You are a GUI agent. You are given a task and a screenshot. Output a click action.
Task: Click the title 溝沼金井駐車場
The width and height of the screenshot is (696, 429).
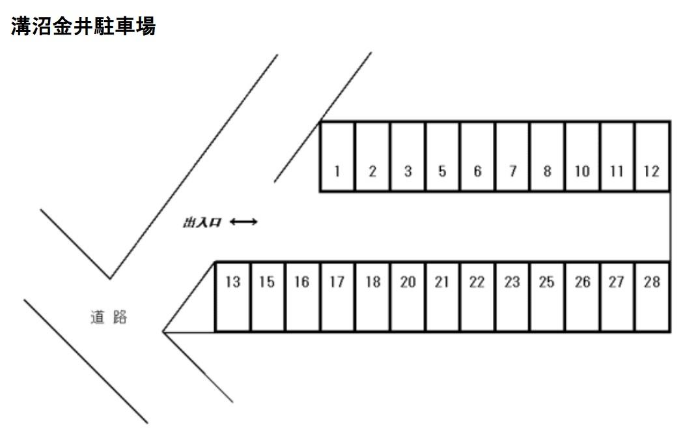[83, 26]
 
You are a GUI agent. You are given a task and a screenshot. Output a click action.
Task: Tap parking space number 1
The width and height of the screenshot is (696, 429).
[337, 156]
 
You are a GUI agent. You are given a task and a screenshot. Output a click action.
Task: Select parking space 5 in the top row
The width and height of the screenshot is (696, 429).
[442, 156]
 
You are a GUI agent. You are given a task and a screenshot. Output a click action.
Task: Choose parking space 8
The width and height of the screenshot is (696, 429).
[548, 156]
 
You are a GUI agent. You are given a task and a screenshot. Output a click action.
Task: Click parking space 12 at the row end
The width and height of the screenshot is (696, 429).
[652, 156]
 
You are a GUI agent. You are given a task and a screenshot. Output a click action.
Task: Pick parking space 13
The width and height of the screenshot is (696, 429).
[232, 297]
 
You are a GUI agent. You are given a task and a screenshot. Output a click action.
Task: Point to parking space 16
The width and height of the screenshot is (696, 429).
[302, 297]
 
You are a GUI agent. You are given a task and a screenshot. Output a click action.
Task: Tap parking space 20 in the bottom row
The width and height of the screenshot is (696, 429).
[408, 297]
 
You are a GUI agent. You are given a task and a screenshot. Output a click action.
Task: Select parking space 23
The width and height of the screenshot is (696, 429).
[512, 297]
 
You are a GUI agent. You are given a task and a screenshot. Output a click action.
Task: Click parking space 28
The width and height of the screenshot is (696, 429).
[652, 297]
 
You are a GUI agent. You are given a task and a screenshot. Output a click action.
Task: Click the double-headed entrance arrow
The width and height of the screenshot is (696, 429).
[244, 222]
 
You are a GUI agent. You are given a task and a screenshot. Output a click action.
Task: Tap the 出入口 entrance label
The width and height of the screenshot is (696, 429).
[202, 222]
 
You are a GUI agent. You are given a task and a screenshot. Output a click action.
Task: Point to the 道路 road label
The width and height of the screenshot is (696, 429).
[109, 317]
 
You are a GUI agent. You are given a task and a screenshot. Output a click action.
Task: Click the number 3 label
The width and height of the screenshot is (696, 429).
[408, 171]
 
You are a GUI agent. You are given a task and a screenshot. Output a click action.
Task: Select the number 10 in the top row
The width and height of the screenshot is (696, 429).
[582, 171]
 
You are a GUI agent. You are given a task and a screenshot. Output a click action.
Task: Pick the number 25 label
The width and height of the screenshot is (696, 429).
[547, 282]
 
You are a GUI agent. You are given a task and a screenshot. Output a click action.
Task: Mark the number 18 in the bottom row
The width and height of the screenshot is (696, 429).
[373, 282]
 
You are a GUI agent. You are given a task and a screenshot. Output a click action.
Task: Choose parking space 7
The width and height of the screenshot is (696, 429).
[512, 156]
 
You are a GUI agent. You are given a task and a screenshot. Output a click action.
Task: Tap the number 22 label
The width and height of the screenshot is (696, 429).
[477, 282]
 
